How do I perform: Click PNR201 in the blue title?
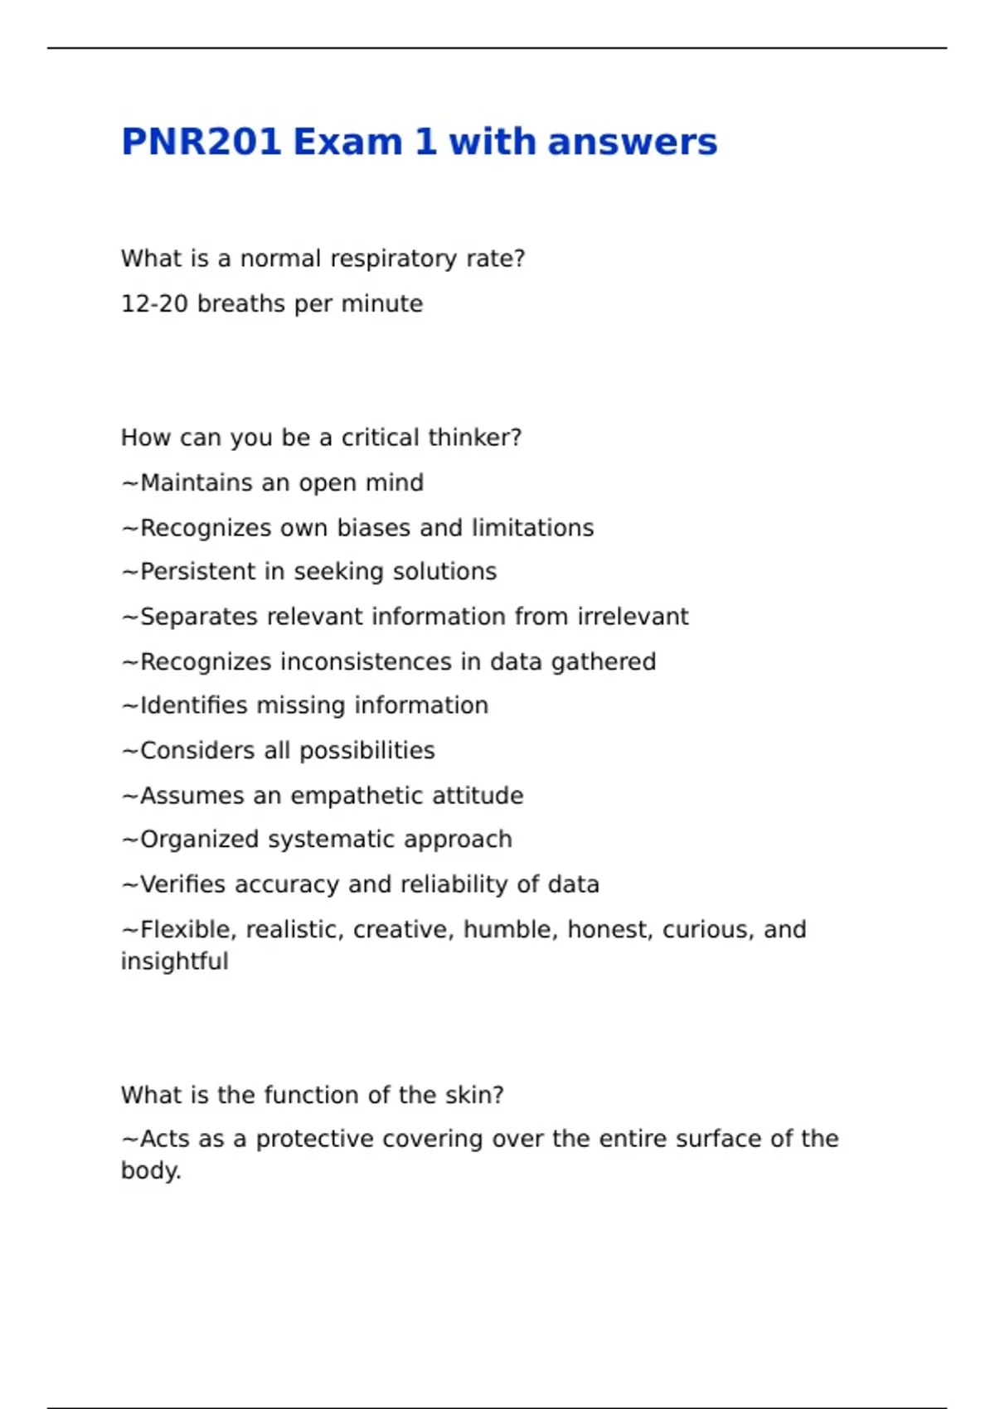(201, 142)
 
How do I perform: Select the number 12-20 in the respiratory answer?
(154, 304)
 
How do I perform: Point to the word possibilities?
(366, 751)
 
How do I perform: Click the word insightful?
(174, 961)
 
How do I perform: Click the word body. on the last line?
(151, 1171)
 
